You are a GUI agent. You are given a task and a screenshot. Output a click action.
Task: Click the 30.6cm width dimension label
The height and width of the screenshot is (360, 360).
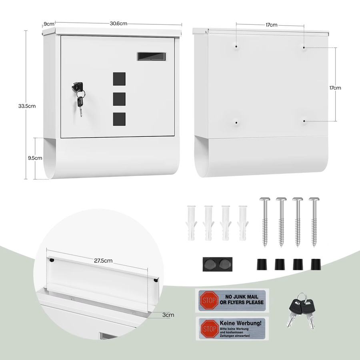118,24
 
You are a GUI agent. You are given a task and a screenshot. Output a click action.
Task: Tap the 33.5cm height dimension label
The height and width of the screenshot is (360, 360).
27,106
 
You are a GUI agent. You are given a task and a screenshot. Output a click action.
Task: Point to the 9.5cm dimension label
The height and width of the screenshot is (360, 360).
35,158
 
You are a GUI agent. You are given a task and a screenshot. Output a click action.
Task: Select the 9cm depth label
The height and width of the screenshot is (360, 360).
49,24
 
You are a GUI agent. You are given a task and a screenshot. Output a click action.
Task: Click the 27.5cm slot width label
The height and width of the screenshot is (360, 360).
103,260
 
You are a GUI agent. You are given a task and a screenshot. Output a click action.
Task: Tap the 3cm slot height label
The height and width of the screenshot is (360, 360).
168,315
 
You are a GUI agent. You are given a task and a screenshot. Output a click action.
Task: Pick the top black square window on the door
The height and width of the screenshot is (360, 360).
119,79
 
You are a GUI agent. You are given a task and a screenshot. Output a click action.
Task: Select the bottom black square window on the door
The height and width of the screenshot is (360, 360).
119,119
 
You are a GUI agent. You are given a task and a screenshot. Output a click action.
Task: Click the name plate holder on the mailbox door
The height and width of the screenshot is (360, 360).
152,56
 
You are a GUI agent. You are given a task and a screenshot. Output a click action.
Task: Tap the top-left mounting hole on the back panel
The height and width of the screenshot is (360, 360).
236,46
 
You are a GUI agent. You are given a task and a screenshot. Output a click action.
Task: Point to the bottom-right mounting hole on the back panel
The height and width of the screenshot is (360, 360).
304,121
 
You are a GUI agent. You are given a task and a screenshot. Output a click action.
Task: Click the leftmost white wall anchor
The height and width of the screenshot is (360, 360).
191,223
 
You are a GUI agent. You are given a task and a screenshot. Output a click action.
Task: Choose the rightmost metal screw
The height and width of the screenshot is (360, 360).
314,222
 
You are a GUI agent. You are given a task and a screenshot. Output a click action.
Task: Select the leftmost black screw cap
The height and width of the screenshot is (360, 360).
262,264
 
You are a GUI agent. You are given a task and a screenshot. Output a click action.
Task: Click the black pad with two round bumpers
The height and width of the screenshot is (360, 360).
218,264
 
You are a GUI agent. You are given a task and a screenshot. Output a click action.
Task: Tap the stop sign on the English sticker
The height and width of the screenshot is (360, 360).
209,300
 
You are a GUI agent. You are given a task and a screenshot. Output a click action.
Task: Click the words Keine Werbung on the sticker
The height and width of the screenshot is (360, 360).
240,323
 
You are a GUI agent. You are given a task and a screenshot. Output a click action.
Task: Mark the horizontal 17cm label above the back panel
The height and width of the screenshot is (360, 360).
271,25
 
